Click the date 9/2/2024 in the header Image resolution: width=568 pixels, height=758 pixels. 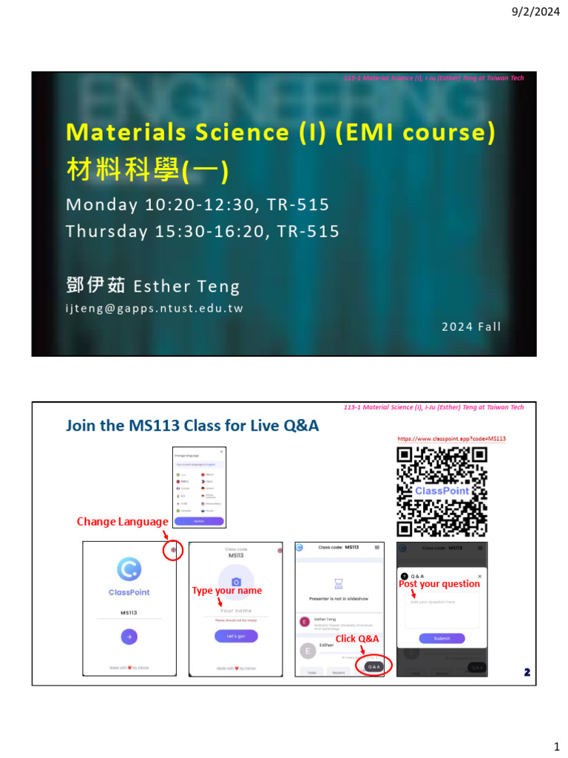538,12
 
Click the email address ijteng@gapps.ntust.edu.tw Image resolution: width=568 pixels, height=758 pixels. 155,309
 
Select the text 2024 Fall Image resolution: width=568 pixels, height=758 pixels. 471,326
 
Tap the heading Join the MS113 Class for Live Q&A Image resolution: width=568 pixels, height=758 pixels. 192,425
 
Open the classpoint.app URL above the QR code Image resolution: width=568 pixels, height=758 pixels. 452,439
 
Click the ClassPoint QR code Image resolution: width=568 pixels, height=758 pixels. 442,492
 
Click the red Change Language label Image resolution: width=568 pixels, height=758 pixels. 122,522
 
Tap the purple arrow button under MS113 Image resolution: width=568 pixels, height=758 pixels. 129,636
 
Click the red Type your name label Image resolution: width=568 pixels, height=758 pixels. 226,591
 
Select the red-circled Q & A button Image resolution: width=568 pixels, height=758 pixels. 373,666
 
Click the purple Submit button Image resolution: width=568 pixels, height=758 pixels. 442,638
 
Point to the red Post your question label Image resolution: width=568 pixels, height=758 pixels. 439,584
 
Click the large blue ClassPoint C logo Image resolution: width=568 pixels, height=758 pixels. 129,569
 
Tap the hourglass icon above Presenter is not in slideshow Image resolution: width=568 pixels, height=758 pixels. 339,584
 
